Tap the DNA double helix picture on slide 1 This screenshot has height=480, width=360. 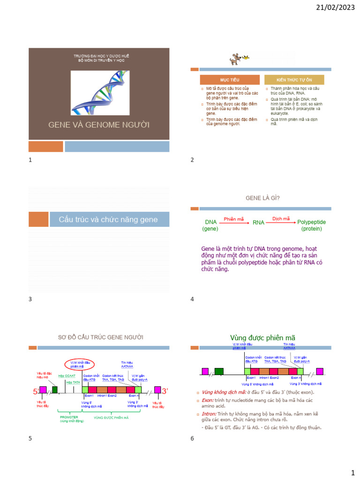point(100,93)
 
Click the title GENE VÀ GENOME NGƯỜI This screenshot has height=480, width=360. point(99,125)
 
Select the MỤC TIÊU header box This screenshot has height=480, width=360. point(230,80)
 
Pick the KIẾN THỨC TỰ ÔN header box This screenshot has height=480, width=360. point(294,80)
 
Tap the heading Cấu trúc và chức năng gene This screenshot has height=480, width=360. point(108,219)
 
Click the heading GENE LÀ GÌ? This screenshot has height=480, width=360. point(260,198)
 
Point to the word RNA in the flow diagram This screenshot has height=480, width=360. point(259,222)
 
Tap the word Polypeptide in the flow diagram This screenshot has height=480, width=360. point(312,222)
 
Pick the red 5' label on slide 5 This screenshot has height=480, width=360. point(36,391)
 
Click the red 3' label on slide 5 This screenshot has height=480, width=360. point(165,390)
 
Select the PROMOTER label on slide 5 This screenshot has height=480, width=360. point(69,416)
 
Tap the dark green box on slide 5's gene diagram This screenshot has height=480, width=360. point(55,390)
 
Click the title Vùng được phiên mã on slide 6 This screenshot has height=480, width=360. point(262,338)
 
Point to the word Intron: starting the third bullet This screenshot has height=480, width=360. point(208,414)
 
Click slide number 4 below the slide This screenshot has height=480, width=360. point(192,299)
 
